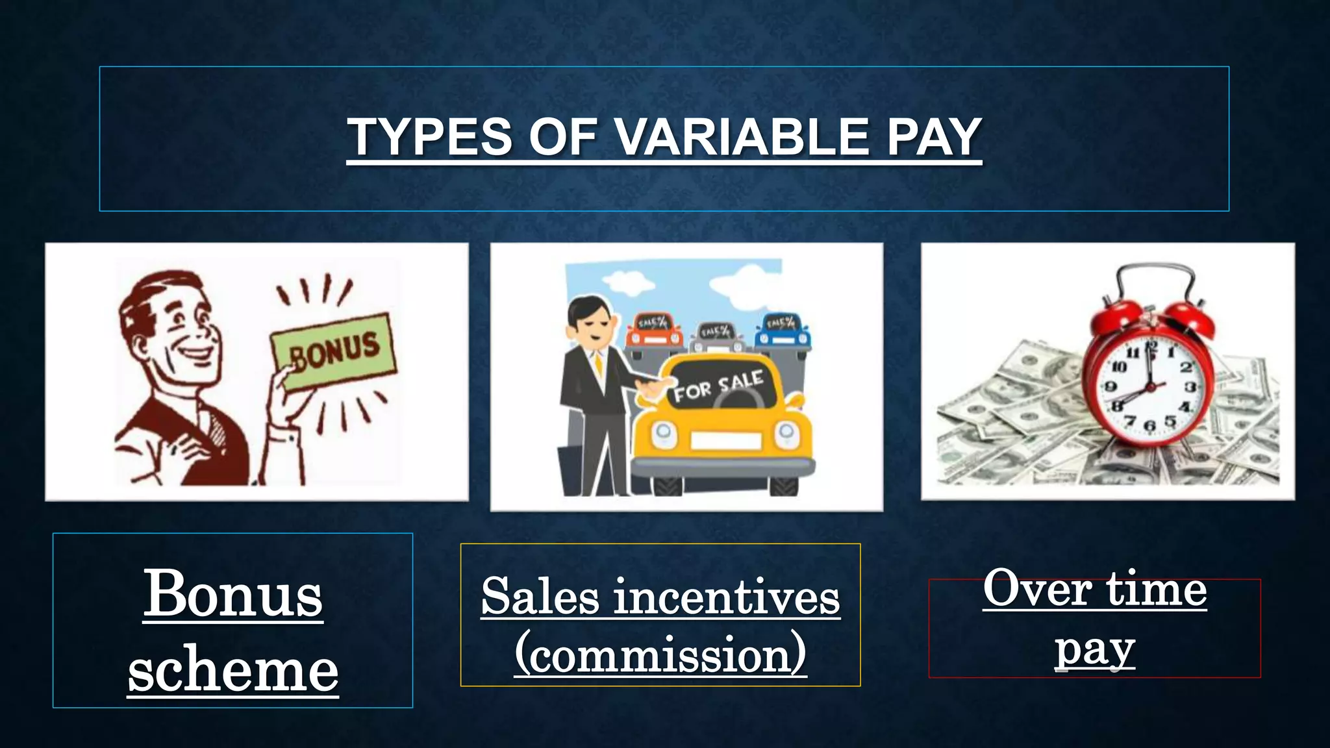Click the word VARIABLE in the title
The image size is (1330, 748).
tap(742, 137)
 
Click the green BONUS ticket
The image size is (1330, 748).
tap(334, 351)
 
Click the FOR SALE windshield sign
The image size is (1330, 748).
tap(718, 387)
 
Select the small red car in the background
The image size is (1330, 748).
tap(653, 331)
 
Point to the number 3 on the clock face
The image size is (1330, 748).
tap(1190, 388)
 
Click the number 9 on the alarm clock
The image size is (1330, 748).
tap(1111, 388)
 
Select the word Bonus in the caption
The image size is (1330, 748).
tap(232, 594)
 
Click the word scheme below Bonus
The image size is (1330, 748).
tap(232, 670)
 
